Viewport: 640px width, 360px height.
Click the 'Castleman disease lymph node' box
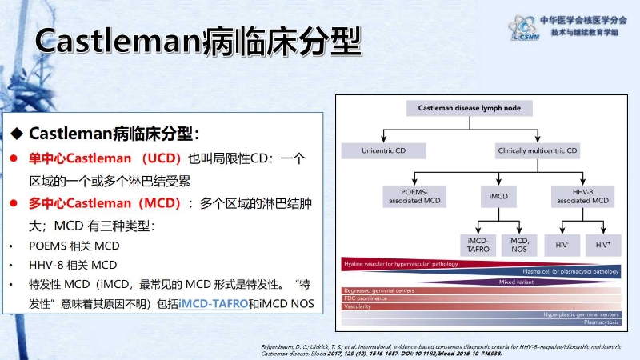coord(454,108)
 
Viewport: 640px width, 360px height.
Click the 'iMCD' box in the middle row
coord(498,195)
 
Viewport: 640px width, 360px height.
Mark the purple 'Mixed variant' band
coord(518,282)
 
